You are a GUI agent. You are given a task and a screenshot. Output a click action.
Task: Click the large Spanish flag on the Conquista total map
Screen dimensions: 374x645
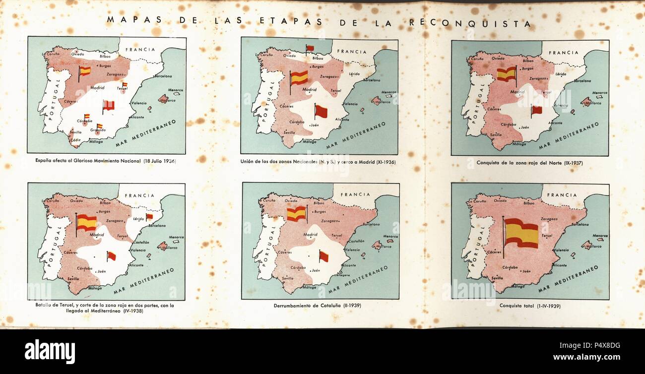(521, 233)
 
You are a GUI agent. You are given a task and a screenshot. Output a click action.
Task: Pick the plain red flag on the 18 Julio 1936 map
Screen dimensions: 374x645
(108, 105)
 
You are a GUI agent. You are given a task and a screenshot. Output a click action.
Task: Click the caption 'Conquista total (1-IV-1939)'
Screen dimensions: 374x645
(530, 306)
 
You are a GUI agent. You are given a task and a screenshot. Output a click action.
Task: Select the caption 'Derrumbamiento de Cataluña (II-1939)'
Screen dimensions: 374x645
(317, 306)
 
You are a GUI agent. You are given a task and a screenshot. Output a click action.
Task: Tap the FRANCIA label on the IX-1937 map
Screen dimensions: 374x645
(563, 52)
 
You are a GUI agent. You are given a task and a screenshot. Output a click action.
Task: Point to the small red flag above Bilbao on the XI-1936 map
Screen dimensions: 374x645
(310, 48)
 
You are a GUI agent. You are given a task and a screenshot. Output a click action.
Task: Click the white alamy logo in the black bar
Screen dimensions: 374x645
(50, 351)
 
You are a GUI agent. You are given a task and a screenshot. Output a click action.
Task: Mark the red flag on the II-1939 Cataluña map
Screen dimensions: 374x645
(323, 256)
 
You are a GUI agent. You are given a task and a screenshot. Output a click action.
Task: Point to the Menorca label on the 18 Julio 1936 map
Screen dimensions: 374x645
(176, 90)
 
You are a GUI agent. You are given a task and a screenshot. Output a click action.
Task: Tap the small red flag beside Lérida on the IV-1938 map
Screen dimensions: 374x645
(149, 217)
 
